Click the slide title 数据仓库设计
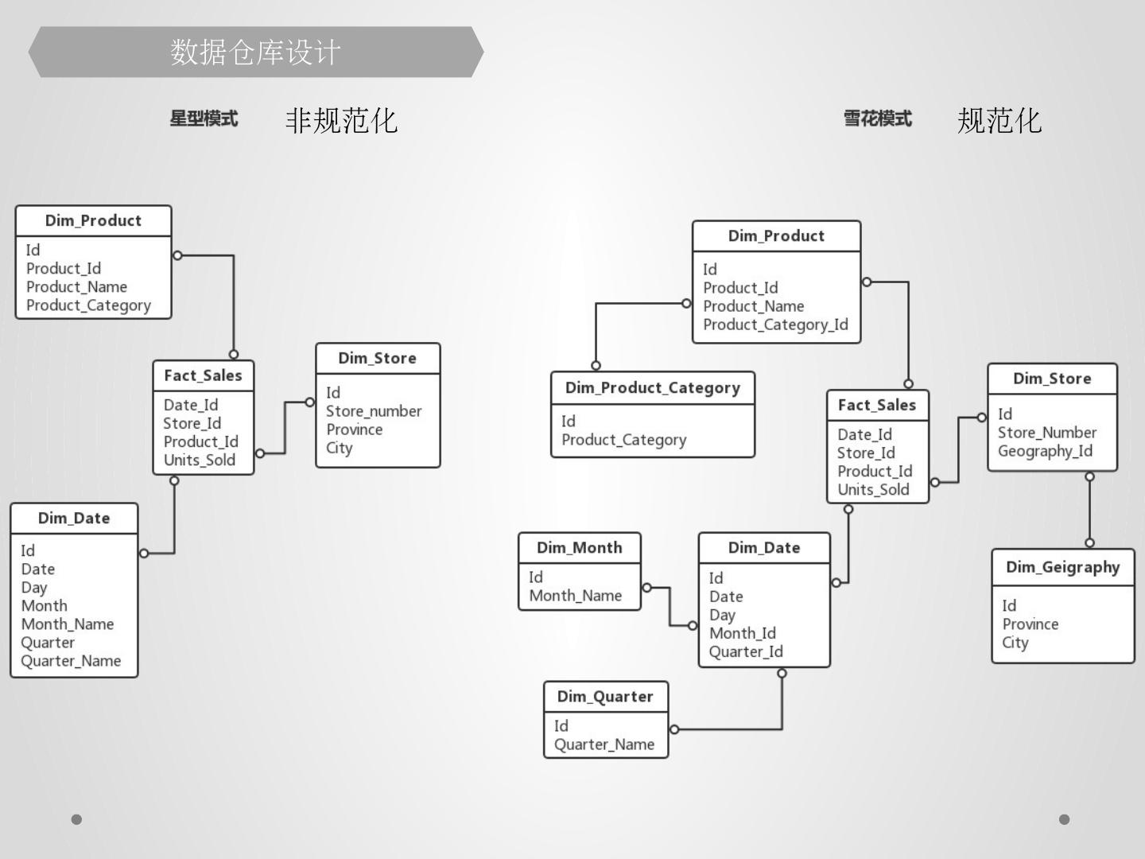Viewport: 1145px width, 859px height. tap(255, 52)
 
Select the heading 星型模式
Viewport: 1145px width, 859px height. tap(204, 119)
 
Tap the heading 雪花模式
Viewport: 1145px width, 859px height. tap(877, 119)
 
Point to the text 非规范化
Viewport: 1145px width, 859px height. tap(341, 121)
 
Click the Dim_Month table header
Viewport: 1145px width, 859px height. tap(579, 548)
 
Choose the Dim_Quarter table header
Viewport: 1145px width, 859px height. tap(605, 697)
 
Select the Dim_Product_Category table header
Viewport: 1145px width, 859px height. tap(652, 388)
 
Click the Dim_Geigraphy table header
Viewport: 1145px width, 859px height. tap(1062, 567)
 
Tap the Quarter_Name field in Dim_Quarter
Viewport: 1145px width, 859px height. tap(604, 744)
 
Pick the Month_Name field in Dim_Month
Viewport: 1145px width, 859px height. tap(576, 596)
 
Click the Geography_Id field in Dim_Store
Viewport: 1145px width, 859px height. tap(1045, 451)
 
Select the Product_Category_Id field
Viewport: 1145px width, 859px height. tap(775, 325)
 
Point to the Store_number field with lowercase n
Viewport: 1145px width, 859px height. tap(374, 411)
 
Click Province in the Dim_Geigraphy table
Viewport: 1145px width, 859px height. tap(1030, 624)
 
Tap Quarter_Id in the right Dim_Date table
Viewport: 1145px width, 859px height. tap(746, 652)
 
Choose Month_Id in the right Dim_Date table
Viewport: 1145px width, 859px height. tap(743, 633)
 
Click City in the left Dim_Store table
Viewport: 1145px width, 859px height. tap(340, 448)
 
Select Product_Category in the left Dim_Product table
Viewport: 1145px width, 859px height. tap(88, 305)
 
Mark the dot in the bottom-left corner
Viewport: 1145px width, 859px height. tap(76, 819)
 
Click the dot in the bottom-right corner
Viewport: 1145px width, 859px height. tap(1064, 819)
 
